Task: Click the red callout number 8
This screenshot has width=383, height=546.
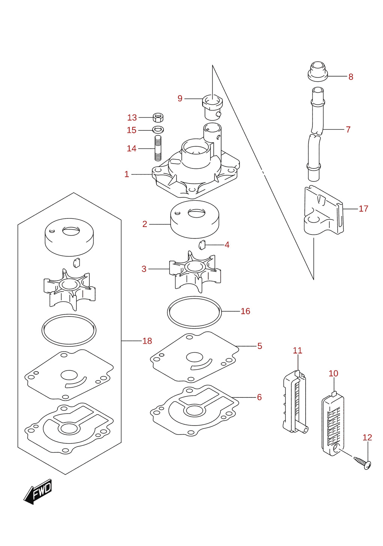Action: point(351,77)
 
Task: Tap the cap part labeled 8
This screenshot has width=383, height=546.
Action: point(318,71)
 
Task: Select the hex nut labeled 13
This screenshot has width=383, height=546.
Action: point(158,117)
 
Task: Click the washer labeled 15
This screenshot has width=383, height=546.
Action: point(158,129)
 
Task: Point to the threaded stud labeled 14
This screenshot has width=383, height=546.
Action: point(158,148)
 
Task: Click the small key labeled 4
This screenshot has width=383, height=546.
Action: point(202,245)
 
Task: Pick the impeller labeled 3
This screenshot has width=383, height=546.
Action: point(195,272)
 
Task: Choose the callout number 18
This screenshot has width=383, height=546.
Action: point(147,341)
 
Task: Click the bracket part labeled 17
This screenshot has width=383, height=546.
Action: point(324,211)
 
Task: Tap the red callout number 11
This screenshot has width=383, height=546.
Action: point(297,350)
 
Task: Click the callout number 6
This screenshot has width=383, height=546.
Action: point(259,397)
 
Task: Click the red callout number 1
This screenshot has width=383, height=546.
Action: point(127,174)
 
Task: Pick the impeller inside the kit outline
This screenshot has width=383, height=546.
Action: point(69,290)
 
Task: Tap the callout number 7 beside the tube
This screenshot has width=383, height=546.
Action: point(348,129)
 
